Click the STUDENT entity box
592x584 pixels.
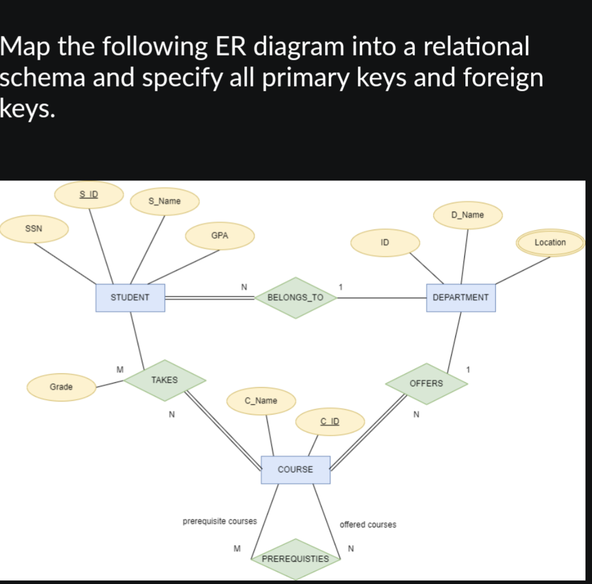(x=130, y=297)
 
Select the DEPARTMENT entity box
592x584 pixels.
(x=461, y=297)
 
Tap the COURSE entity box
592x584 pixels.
(x=295, y=469)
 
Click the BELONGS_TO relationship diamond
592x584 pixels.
(x=295, y=297)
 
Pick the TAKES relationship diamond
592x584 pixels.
(x=164, y=380)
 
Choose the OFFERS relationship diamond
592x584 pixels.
(x=427, y=383)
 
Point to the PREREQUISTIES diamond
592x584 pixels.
(x=295, y=559)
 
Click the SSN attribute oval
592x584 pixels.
(x=33, y=229)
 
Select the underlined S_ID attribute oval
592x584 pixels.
(x=89, y=194)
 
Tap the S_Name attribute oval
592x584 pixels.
(x=164, y=201)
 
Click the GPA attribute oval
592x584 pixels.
(x=220, y=236)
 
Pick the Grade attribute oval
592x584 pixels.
(x=61, y=387)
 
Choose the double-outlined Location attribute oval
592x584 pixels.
(x=550, y=242)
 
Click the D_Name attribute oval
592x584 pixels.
(x=468, y=214)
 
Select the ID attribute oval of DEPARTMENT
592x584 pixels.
(x=385, y=242)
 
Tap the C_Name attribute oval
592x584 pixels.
(x=261, y=401)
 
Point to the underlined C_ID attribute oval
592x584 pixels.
(x=330, y=422)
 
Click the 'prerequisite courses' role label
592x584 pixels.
(x=219, y=521)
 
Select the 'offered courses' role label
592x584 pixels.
(x=367, y=524)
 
